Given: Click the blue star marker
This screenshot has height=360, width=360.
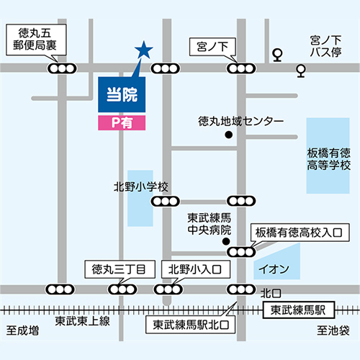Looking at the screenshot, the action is coord(144,50).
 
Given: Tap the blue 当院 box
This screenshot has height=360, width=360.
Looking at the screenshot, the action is coord(122,94).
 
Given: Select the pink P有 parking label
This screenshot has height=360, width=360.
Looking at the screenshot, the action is coord(122,123).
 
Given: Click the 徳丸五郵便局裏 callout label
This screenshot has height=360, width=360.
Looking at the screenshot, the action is coord(36,40).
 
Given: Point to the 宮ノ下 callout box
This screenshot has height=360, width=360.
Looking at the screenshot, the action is coord(212,47).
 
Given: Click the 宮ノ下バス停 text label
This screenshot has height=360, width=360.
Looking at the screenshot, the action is coord(325,46).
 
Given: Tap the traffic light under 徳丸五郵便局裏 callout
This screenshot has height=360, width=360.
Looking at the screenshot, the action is coord(62,68).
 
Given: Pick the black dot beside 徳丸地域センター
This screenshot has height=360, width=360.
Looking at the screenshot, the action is coord(229,135).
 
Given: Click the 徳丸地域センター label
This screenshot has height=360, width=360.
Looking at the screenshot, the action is coord(241,121).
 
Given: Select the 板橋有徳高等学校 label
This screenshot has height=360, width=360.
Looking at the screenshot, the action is coord(328,159).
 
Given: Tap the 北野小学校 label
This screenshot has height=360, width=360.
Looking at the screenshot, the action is coord(141,186).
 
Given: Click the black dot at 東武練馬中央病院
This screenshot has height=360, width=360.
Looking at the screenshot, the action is coord(226,241).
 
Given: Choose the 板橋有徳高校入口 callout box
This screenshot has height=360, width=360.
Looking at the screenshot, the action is coord(300,233).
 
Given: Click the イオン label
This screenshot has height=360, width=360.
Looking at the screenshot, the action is coord(274,269).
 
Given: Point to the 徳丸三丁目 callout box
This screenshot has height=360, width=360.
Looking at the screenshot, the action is coord(120,269).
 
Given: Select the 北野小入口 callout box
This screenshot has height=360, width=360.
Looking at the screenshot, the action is coord(196,269).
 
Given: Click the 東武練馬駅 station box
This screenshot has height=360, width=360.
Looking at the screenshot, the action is coord(299,310).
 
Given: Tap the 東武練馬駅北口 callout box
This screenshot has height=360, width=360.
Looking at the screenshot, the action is coord(190,325).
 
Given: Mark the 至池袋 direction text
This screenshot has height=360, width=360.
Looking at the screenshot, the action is coord(333,330).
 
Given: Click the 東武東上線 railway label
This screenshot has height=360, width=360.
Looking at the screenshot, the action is coord(82,321).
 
